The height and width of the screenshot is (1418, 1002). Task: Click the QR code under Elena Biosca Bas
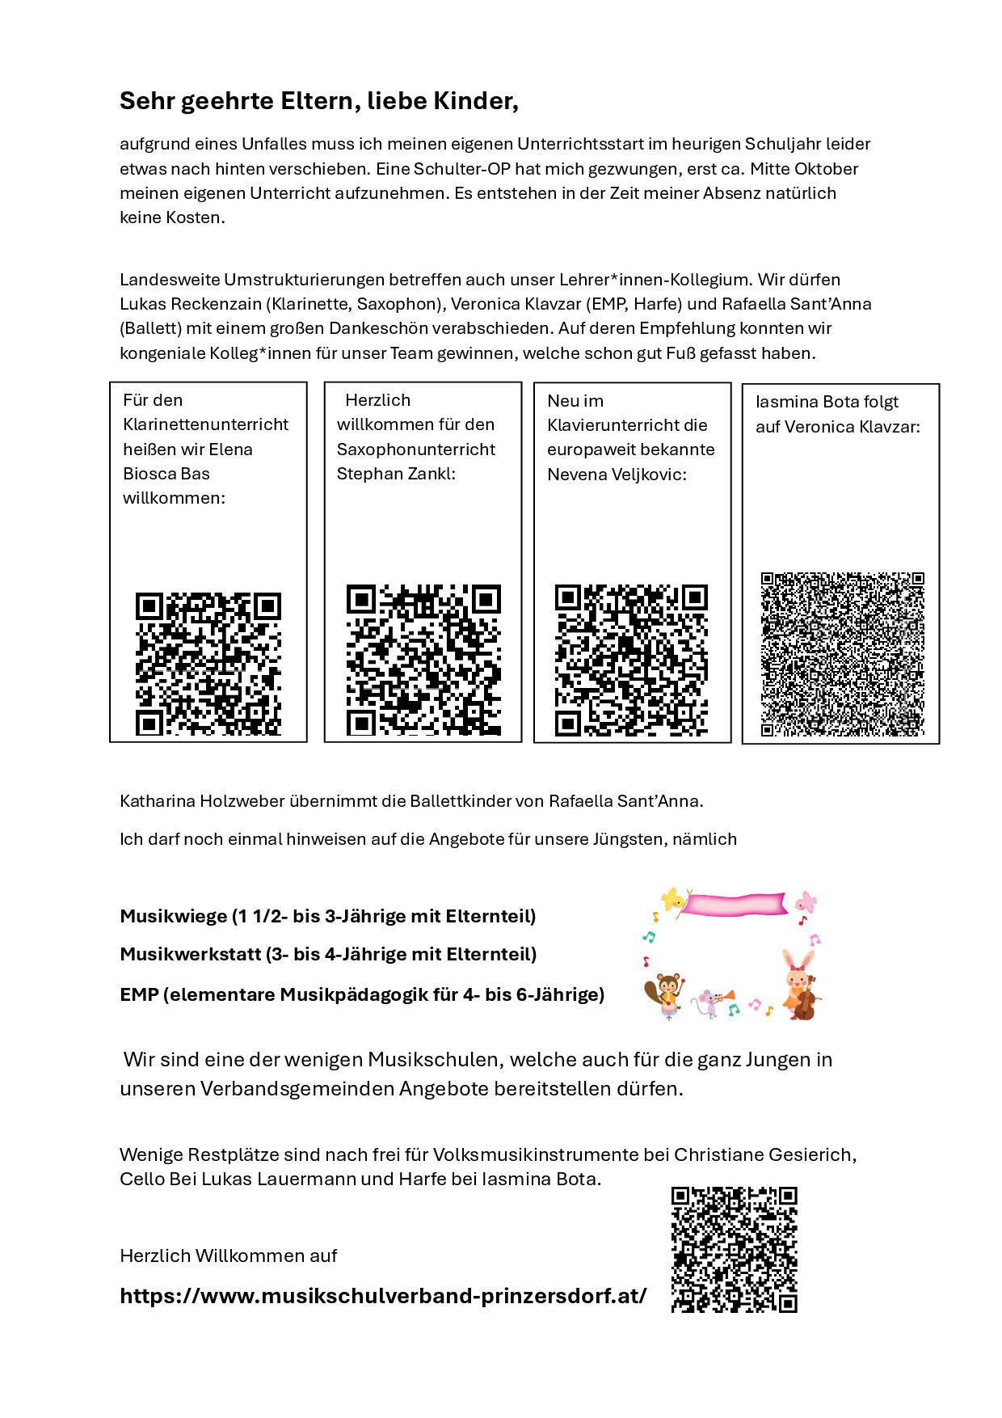pos(208,664)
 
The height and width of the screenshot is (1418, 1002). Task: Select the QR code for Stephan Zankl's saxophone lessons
pos(423,660)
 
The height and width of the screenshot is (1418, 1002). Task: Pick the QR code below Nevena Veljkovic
pos(631,660)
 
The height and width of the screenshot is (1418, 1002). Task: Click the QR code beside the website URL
pos(735,1249)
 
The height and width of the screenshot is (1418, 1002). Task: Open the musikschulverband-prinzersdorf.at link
pos(383,1296)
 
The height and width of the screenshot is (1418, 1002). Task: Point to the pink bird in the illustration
pos(805,901)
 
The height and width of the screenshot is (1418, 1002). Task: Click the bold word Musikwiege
pos(173,916)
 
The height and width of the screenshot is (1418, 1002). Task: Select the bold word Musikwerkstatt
pos(189,954)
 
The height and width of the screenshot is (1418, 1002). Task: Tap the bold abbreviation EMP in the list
pos(138,994)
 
